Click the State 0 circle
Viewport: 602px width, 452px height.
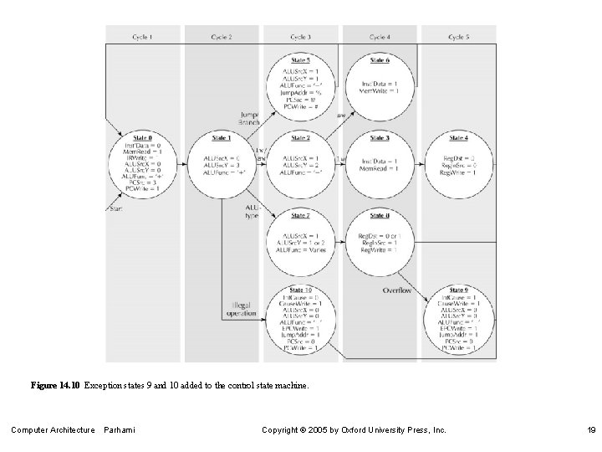click(x=143, y=163)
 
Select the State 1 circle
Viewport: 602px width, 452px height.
click(x=222, y=163)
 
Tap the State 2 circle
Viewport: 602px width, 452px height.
click(x=300, y=163)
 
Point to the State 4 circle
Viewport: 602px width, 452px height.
click(x=457, y=163)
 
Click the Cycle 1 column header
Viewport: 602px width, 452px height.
click(x=143, y=38)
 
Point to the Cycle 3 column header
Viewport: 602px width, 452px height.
click(x=300, y=38)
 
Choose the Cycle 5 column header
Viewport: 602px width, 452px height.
click(x=457, y=38)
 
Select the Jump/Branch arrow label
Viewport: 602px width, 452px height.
click(x=249, y=118)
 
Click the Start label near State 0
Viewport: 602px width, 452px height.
click(x=116, y=208)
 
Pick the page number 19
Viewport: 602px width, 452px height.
click(x=590, y=430)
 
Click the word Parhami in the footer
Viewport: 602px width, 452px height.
click(x=120, y=430)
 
